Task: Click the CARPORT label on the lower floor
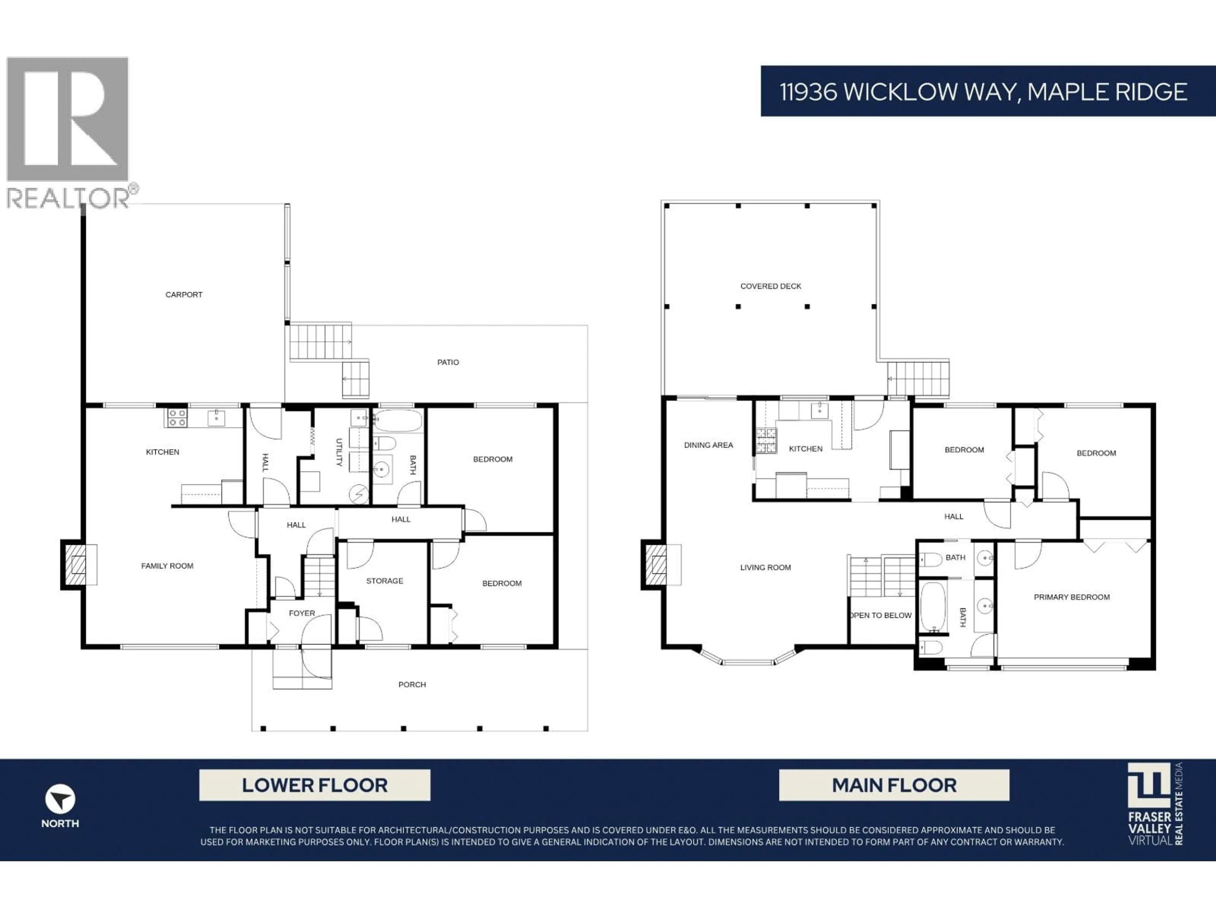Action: tap(184, 294)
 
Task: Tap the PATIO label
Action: tap(448, 362)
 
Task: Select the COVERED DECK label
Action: tap(771, 286)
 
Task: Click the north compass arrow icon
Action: tap(60, 799)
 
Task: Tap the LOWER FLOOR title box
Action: tap(314, 785)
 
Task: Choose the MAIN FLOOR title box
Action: tap(894, 785)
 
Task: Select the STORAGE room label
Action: tap(385, 581)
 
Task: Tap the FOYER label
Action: tap(302, 613)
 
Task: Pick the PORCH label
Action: tap(412, 684)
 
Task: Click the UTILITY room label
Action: tap(339, 453)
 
